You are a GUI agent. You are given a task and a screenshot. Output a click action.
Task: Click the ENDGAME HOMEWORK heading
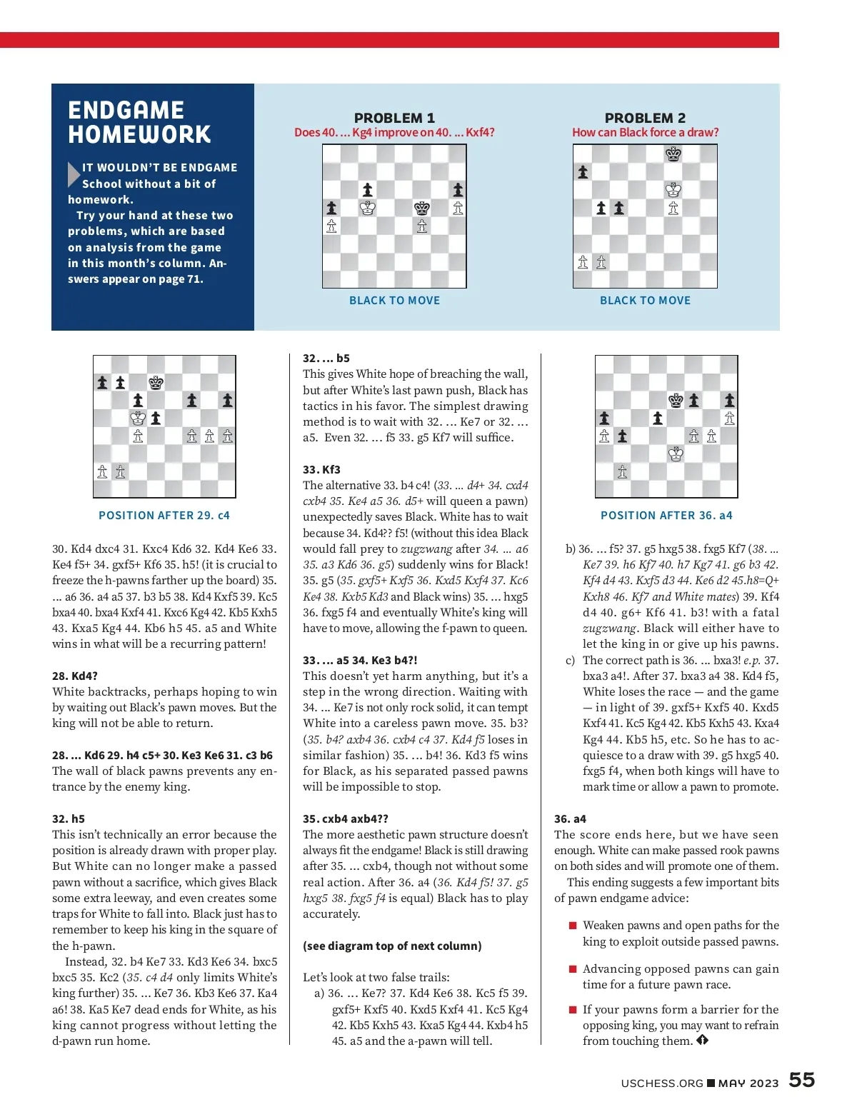139,122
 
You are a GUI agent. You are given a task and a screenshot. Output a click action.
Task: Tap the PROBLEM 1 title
394,118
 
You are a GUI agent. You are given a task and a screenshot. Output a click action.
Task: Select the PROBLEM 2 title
645,118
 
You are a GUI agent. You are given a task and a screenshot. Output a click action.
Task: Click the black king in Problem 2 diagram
673,154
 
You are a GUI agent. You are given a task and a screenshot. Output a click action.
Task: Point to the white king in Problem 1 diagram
368,208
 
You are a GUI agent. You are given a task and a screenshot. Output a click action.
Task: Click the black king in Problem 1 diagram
422,208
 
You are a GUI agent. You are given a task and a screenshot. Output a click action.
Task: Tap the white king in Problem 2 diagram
673,190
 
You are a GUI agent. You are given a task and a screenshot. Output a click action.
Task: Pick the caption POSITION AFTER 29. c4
164,515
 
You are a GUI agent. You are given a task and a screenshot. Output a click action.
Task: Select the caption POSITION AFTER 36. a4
666,515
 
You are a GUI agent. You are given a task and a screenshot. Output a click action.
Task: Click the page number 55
801,1080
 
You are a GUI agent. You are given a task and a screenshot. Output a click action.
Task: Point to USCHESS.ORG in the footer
662,1083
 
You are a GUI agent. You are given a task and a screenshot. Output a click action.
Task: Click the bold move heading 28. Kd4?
75,676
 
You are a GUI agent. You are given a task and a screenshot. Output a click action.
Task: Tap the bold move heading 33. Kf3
321,469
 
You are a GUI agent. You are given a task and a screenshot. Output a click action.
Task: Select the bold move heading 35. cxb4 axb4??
346,818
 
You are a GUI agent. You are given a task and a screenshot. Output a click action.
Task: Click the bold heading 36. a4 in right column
570,818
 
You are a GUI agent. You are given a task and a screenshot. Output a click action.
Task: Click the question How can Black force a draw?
645,132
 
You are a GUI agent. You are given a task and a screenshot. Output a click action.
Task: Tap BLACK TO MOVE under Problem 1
394,301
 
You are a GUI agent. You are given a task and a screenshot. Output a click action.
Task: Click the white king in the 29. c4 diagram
138,418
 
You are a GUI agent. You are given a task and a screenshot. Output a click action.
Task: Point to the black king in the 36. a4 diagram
676,400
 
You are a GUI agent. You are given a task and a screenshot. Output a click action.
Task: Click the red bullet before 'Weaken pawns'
572,926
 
